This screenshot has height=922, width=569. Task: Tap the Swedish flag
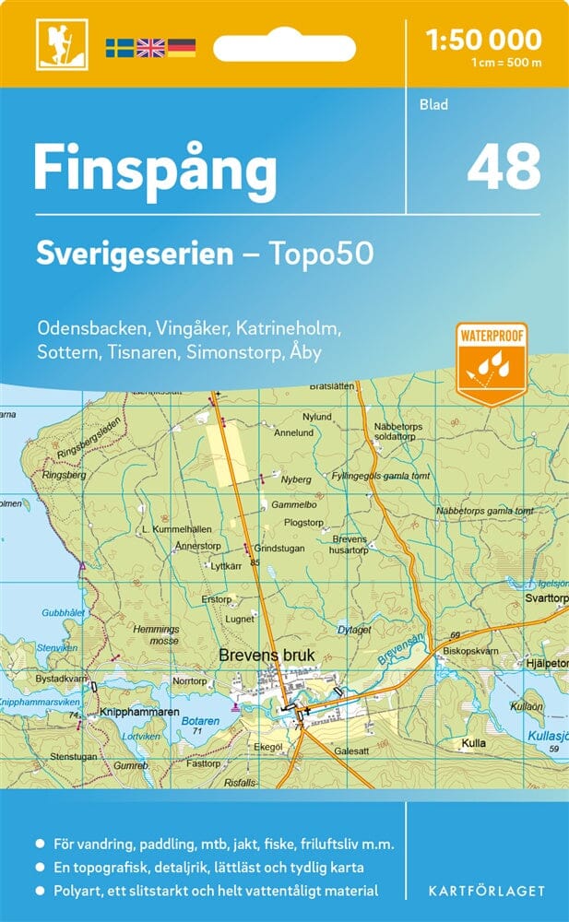119,47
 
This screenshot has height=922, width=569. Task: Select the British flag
149,47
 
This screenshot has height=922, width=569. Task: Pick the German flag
181,47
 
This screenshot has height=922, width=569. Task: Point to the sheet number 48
504,167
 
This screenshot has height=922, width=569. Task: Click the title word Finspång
155,170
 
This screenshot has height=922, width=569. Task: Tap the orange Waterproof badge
491,363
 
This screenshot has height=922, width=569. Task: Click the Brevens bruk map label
267,656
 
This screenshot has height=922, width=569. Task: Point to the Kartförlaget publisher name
485,891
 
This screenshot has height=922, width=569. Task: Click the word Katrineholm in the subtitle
290,327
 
